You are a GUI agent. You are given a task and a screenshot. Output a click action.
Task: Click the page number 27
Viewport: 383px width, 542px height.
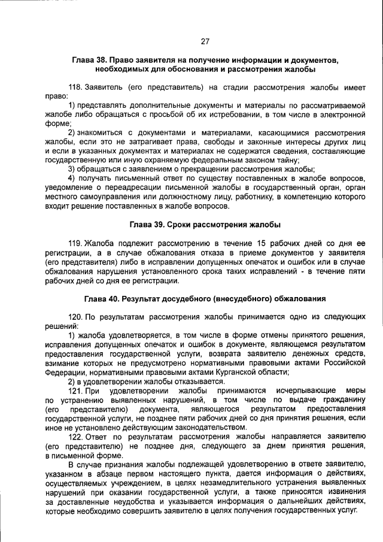coord(205,41)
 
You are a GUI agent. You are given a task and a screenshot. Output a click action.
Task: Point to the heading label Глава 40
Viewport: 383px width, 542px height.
coord(104,298)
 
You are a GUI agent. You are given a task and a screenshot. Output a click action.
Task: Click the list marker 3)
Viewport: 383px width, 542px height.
coord(72,169)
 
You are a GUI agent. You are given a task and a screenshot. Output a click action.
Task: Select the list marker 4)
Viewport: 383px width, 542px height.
coord(72,178)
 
